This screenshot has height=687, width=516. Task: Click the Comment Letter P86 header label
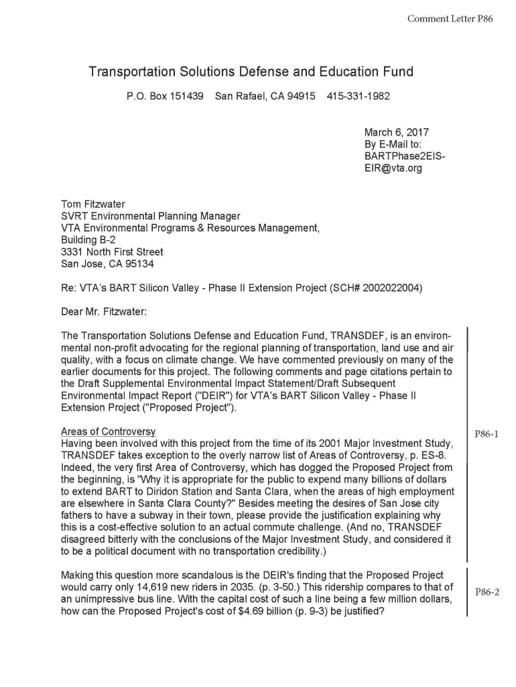[x=450, y=19]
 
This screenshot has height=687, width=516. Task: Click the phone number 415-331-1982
[x=358, y=96]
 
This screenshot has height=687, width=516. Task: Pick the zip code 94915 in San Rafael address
[x=302, y=96]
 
